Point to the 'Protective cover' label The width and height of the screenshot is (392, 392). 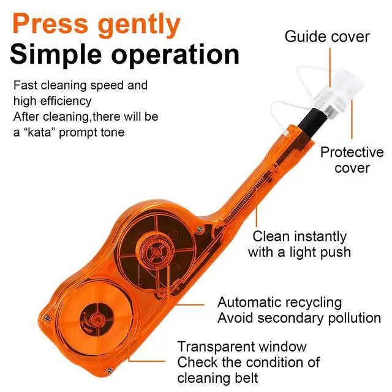(x=352, y=160)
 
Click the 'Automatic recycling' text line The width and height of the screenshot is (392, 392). (x=280, y=302)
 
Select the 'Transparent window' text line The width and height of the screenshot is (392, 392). (x=242, y=347)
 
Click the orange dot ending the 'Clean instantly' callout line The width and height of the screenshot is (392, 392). (x=257, y=208)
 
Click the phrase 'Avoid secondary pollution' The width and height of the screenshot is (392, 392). (x=298, y=318)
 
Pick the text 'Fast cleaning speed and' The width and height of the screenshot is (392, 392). (x=81, y=85)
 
